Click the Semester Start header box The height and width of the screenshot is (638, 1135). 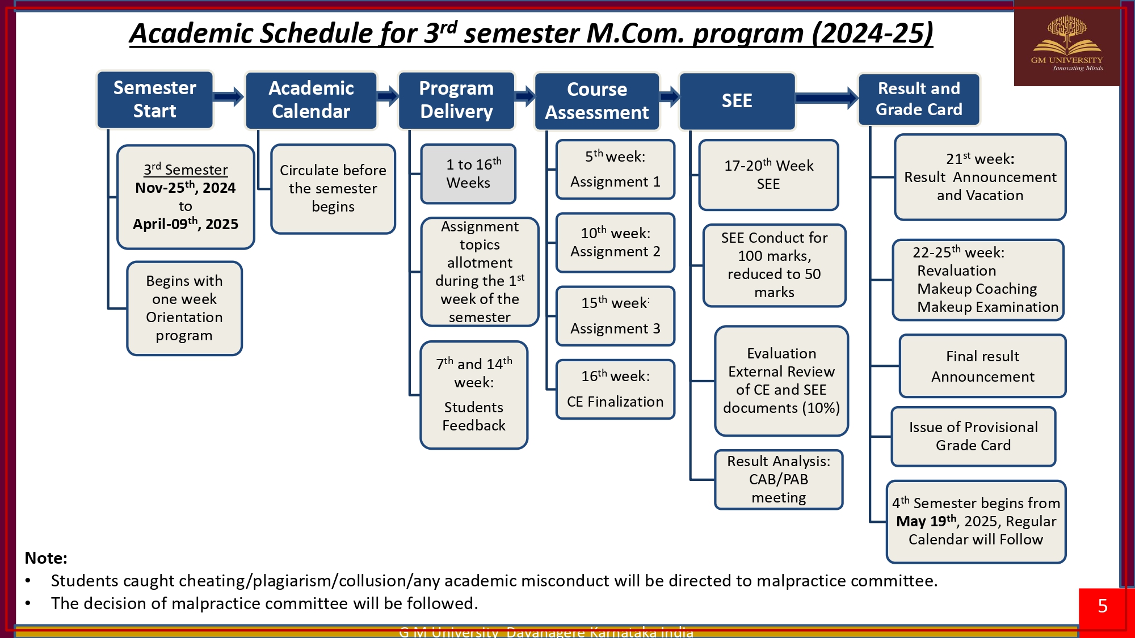(x=155, y=99)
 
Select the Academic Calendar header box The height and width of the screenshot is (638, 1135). (x=311, y=100)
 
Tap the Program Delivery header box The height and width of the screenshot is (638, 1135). (x=456, y=100)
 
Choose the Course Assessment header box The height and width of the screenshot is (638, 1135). (x=596, y=101)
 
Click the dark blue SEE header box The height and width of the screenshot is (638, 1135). (x=737, y=101)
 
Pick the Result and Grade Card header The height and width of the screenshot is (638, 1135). (x=919, y=99)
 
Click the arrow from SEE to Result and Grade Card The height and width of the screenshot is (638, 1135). (x=826, y=98)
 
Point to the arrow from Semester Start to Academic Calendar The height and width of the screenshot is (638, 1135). (x=229, y=97)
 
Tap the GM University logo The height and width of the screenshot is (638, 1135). (x=1066, y=44)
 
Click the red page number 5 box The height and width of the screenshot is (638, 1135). (x=1103, y=606)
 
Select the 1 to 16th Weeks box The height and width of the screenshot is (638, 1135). (x=468, y=174)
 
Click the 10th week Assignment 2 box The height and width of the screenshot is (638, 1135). (x=615, y=243)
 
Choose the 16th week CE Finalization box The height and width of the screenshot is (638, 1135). (x=615, y=390)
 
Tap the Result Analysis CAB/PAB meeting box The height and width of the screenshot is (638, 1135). (x=779, y=480)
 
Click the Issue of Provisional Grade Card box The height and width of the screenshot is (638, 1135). (x=973, y=436)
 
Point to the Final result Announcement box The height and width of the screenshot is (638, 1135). (x=982, y=366)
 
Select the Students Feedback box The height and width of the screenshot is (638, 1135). (x=474, y=395)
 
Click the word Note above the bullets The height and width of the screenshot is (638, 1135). (x=46, y=558)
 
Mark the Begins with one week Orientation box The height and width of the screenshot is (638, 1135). (x=184, y=309)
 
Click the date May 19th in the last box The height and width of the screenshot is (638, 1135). (x=926, y=521)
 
